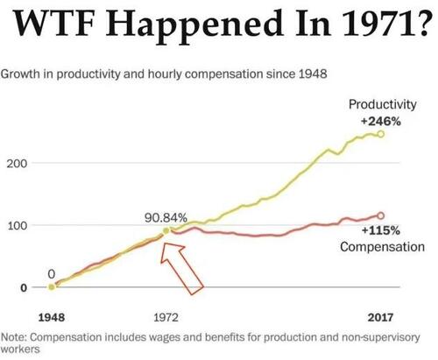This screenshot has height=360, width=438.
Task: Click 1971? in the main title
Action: coord(385,25)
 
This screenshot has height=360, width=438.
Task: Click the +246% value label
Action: coord(382,122)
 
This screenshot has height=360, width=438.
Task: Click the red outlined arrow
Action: coord(186,266)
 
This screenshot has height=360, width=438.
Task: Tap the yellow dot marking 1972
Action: coord(165,230)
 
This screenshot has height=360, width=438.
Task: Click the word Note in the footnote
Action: coord(16,335)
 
